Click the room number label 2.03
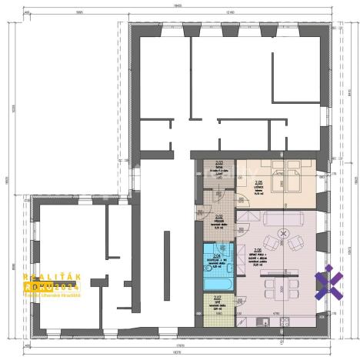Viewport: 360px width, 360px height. click(219, 162)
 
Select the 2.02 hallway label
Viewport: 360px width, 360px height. click(219, 217)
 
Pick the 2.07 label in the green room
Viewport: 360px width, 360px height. click(218, 297)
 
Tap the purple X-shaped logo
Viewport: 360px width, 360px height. click(329, 280)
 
